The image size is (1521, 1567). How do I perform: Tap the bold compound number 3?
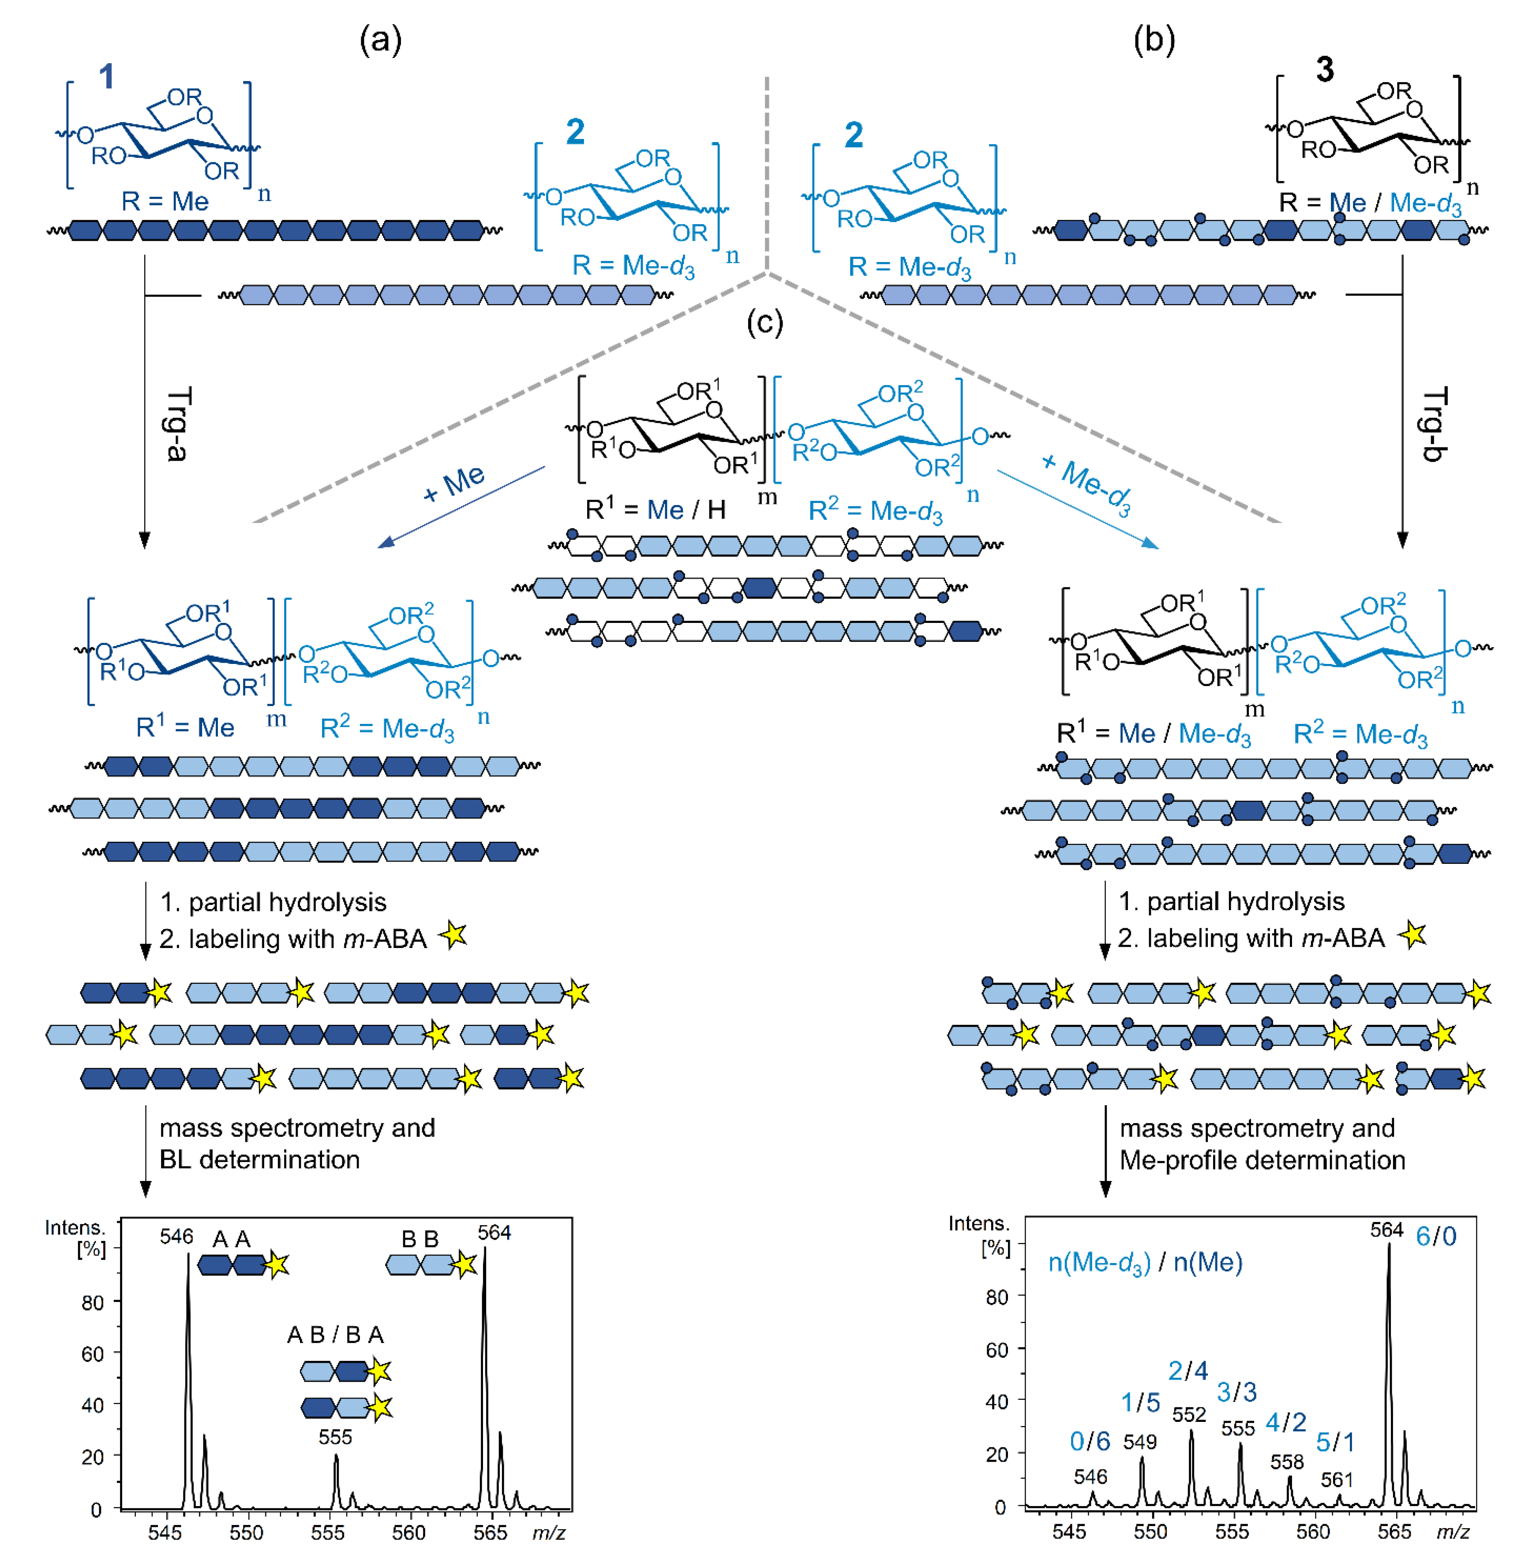[1324, 70]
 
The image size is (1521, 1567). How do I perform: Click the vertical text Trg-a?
[176, 424]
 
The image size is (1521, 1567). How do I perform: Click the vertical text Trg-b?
[1435, 424]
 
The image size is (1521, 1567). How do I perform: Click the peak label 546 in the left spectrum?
[176, 1237]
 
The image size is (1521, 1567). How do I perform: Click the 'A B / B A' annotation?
[336, 1335]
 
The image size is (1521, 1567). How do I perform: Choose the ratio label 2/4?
[1188, 1370]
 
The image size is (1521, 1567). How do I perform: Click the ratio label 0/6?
[1090, 1441]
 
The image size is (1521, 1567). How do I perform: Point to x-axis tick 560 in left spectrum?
[408, 1532]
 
